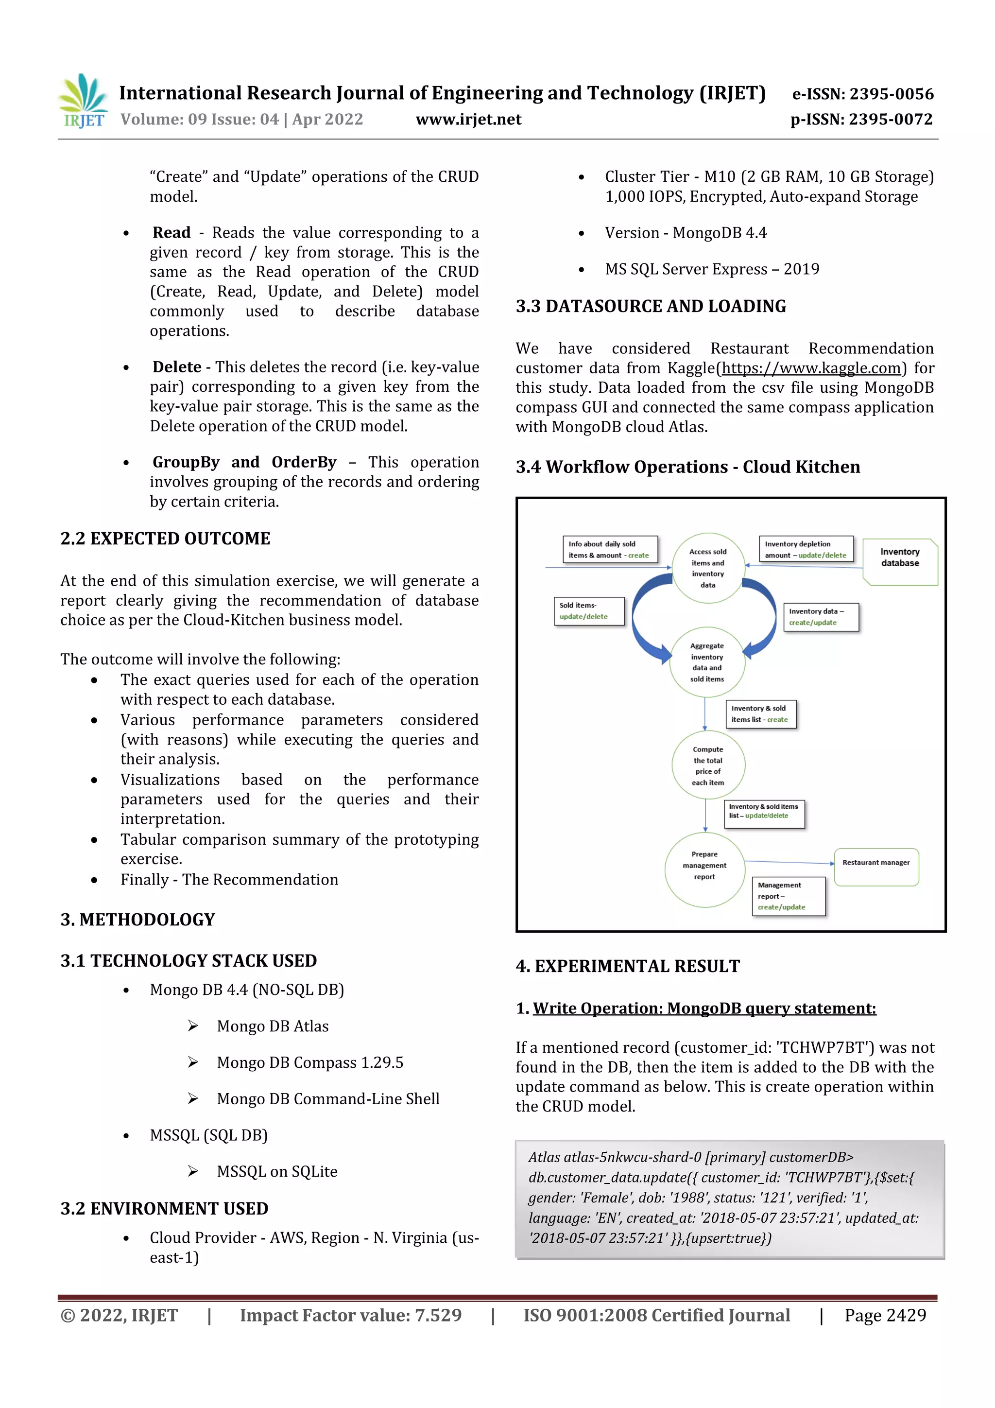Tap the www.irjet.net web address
pyautogui.click(x=468, y=120)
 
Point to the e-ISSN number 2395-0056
pyautogui.click(x=862, y=94)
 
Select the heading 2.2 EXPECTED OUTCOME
pyautogui.click(x=165, y=539)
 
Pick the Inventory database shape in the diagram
pyautogui.click(x=899, y=561)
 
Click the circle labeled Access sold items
pyautogui.click(x=708, y=568)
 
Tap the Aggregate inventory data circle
pyautogui.click(x=707, y=662)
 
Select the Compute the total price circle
pyautogui.click(x=708, y=765)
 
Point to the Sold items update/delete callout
pyautogui.click(x=588, y=611)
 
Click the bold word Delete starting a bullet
pyautogui.click(x=176, y=367)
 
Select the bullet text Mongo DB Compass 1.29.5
pyautogui.click(x=309, y=1062)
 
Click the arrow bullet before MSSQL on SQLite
pyautogui.click(x=193, y=1171)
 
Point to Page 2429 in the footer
pyautogui.click(x=885, y=1315)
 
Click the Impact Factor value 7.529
pyautogui.click(x=350, y=1315)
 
